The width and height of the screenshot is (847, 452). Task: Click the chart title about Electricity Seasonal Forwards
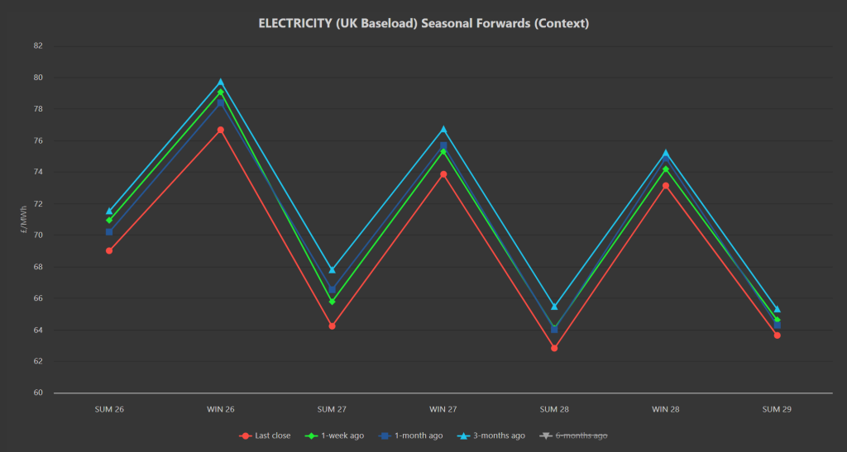tap(423, 23)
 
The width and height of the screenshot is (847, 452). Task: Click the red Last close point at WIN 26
tap(221, 130)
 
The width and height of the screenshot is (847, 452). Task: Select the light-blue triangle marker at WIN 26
tap(221, 82)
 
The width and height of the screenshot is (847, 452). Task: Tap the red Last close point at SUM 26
tap(109, 250)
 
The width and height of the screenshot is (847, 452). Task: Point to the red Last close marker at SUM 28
tap(554, 348)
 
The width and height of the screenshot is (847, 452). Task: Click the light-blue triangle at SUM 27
tap(332, 269)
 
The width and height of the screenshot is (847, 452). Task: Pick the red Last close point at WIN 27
tap(443, 174)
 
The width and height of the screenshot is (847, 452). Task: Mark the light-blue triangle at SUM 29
tap(777, 309)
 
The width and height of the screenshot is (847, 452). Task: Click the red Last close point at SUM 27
tap(332, 326)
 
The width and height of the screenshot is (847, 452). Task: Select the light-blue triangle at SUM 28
tap(554, 306)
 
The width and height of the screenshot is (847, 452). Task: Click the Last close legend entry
tap(265, 435)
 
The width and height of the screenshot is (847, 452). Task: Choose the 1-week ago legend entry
tap(337, 435)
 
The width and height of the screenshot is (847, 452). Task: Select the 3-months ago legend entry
tap(493, 435)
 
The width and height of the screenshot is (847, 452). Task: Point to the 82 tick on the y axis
tap(37, 45)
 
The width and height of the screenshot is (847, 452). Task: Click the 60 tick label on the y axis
tap(37, 393)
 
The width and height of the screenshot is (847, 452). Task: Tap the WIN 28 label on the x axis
tap(666, 409)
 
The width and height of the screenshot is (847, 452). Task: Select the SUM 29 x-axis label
tap(777, 409)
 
